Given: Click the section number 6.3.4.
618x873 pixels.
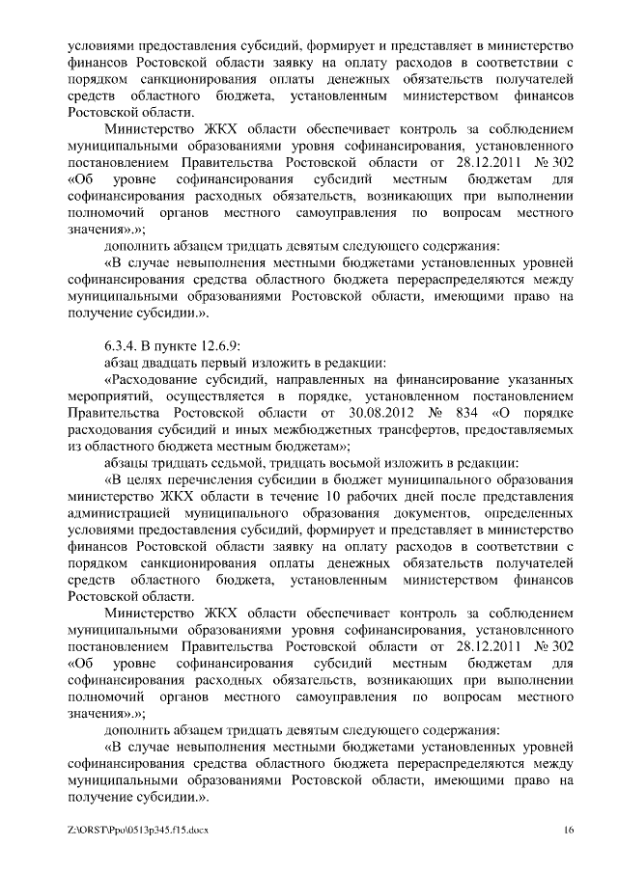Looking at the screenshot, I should [124, 345].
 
